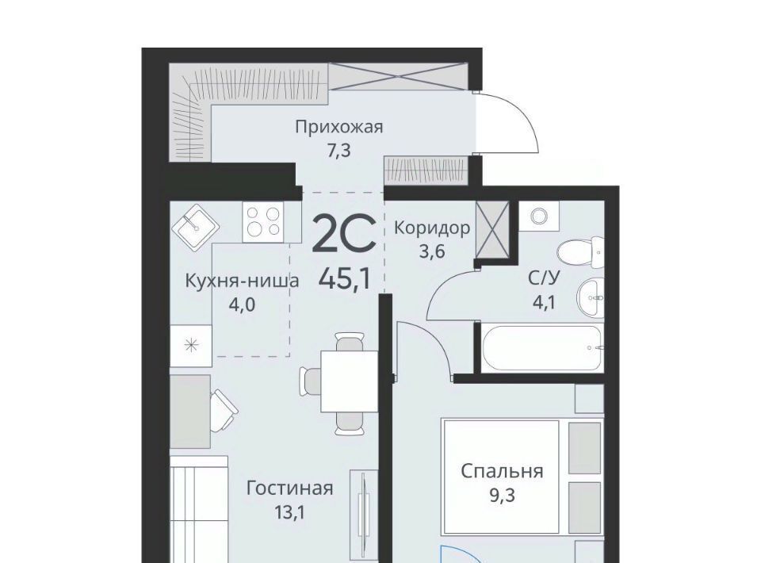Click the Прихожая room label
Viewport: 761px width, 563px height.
point(339,127)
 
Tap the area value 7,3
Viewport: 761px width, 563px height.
point(338,151)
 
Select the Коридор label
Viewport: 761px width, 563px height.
point(432,228)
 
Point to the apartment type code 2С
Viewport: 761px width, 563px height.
point(344,234)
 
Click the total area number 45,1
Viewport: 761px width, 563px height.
point(345,278)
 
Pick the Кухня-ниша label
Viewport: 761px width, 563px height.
point(243,281)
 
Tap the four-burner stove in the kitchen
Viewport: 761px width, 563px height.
point(263,222)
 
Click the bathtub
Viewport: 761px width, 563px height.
point(542,347)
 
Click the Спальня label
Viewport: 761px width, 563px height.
point(502,471)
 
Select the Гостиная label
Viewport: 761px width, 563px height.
point(290,488)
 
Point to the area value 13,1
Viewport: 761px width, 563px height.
point(290,512)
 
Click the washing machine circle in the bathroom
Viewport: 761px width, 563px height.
point(539,216)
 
